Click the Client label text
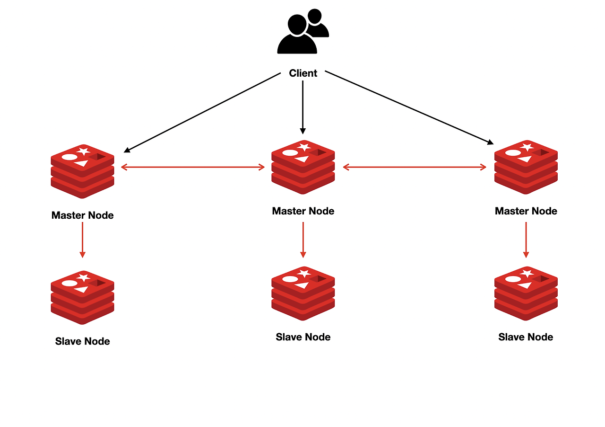pyautogui.click(x=303, y=73)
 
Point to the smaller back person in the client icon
pyautogui.click(x=317, y=24)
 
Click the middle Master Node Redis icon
pyautogui.click(x=303, y=167)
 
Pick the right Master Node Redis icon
pyautogui.click(x=526, y=167)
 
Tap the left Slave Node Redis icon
pyautogui.click(x=83, y=297)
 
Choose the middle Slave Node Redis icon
pyautogui.click(x=303, y=293)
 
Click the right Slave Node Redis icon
pyautogui.click(x=526, y=293)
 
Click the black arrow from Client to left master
pyautogui.click(x=202, y=113)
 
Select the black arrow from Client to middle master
pyautogui.click(x=303, y=107)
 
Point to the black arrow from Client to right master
pyautogui.click(x=409, y=107)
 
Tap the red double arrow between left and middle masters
pyautogui.click(x=193, y=167)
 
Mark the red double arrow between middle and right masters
pyautogui.click(x=415, y=167)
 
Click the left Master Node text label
pyautogui.click(x=83, y=215)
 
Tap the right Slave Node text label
pyautogui.click(x=526, y=337)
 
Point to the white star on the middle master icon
pyautogui.click(x=304, y=147)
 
